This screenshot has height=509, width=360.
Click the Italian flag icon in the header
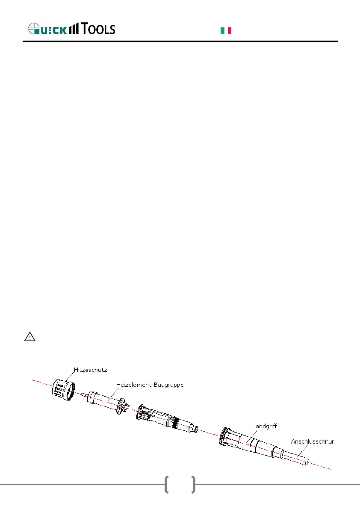tap(226, 30)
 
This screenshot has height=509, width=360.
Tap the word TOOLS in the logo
tap(98, 29)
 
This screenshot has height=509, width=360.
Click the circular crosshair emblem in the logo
tap(33, 29)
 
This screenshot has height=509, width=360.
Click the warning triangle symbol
tap(30, 337)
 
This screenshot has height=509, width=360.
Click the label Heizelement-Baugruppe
tap(150, 385)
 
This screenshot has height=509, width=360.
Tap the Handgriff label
tap(264, 426)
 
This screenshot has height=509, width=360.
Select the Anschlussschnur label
tap(312, 441)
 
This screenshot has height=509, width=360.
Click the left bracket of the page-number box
tap(167, 485)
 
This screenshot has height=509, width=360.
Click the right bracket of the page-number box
tap(193, 485)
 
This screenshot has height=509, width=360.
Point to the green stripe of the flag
tap(222, 30)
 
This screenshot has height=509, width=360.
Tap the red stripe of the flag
tap(230, 30)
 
